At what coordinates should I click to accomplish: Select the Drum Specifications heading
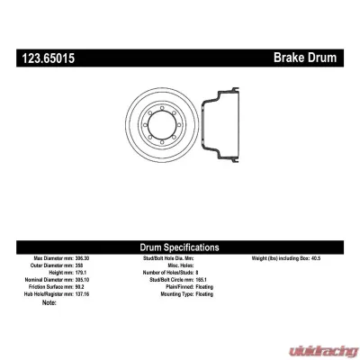pos(180,247)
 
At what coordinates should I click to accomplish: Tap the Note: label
pos(49,302)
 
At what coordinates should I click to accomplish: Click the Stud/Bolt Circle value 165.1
pos(210,280)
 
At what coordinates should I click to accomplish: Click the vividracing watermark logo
pos(319,346)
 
